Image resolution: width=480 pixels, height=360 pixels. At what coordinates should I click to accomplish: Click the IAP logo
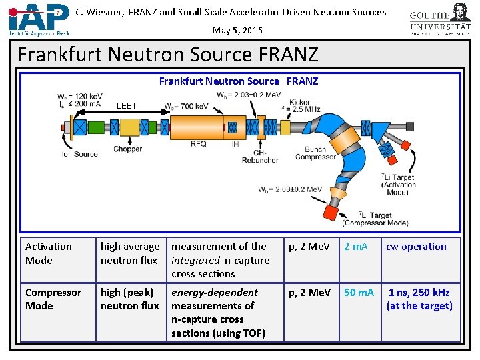[39, 19]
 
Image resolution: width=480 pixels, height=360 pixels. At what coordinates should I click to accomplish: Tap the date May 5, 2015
[237, 30]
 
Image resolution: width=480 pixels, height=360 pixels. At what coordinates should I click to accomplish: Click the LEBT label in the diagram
[127, 105]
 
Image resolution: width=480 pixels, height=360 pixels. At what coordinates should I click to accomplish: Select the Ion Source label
[80, 154]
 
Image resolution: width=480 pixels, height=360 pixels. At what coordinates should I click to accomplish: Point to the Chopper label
[127, 149]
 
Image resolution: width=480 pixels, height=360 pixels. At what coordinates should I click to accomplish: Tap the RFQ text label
[199, 143]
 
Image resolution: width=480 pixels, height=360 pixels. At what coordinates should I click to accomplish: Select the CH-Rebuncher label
[260, 156]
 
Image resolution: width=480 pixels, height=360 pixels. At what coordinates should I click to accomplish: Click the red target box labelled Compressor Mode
[330, 212]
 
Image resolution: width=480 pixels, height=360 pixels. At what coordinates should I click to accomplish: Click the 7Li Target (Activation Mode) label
[399, 185]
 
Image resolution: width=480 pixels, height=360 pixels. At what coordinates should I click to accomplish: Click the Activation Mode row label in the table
[49, 253]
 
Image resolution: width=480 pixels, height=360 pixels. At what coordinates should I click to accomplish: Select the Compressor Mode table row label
[53, 299]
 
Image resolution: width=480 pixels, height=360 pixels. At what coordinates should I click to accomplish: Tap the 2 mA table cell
[355, 247]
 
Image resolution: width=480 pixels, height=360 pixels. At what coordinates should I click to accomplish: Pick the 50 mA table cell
[359, 293]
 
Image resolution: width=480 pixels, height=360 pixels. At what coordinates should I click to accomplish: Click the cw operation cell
[416, 247]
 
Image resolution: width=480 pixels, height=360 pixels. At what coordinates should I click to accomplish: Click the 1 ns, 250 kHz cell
[419, 299]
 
